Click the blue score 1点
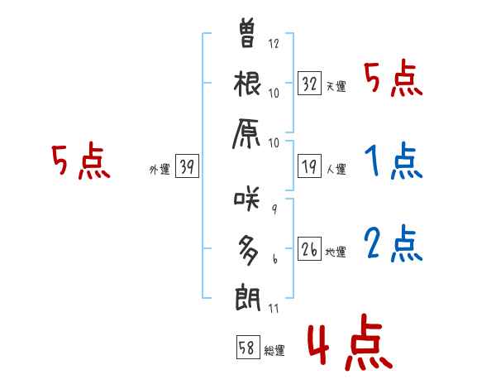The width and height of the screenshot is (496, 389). coord(393,162)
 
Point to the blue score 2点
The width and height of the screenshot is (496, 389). coord(393,243)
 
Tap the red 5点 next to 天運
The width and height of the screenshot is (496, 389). coord(393,80)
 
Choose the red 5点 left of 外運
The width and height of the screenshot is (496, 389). coord(81,162)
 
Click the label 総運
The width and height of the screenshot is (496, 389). coord(274,351)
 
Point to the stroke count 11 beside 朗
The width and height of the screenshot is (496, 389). coord(274,308)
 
